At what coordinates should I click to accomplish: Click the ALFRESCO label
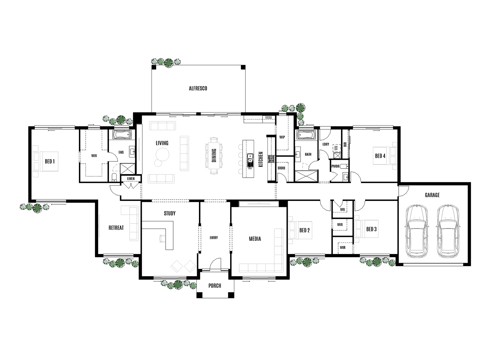[198, 88]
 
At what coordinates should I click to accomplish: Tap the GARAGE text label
[432, 195]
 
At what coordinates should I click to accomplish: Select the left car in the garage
[416, 231]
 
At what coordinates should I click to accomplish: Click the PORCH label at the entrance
[215, 286]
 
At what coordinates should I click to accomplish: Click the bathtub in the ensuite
[122, 135]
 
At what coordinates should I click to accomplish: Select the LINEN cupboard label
[131, 178]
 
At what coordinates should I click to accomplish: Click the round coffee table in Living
[162, 154]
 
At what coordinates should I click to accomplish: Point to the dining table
[213, 156]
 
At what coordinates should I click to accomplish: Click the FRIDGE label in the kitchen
[269, 117]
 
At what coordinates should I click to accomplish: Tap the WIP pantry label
[282, 137]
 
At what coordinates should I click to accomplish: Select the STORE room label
[281, 168]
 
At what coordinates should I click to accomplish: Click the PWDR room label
[335, 166]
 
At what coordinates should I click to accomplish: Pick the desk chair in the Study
[162, 238]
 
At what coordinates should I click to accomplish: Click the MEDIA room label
[255, 239]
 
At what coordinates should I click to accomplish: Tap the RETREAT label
[116, 228]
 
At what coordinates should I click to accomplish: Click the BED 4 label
[380, 156]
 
